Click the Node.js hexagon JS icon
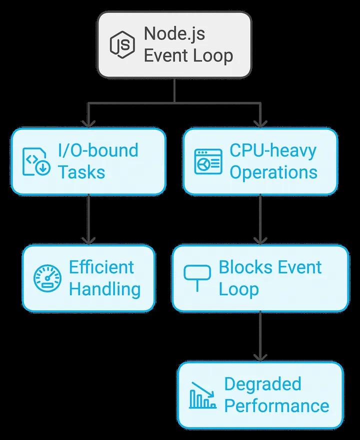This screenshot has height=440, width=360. pos(122,44)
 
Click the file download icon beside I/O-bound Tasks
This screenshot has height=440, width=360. pos(36,162)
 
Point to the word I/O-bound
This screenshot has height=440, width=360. pos(98,150)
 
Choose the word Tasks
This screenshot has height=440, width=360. pos(81,172)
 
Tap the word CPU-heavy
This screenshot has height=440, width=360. pos(272,150)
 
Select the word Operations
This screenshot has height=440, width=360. pos(273,172)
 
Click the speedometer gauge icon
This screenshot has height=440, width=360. pos(47,278)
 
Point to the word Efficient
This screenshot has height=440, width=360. pos(101,267)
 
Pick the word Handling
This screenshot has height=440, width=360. pos(104,289)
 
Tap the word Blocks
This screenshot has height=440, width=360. pos(244,267)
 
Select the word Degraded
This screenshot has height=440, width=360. pos(262,384)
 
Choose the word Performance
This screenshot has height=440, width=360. pos(276,406)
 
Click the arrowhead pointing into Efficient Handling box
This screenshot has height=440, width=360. pos(88,241)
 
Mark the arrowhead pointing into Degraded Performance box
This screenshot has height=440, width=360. pos(260,358)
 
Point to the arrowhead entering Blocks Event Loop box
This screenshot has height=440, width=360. pos(260,241)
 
